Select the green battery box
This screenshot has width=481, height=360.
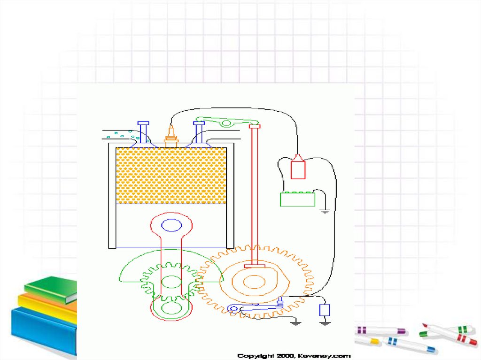tap(297, 199)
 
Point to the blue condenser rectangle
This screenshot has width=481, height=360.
tap(325, 310)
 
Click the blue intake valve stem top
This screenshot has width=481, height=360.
tap(143, 123)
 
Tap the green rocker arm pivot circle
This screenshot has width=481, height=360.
tap(226, 123)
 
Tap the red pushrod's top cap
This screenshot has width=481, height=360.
tap(254, 126)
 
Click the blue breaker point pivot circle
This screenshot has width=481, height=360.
tap(233, 308)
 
